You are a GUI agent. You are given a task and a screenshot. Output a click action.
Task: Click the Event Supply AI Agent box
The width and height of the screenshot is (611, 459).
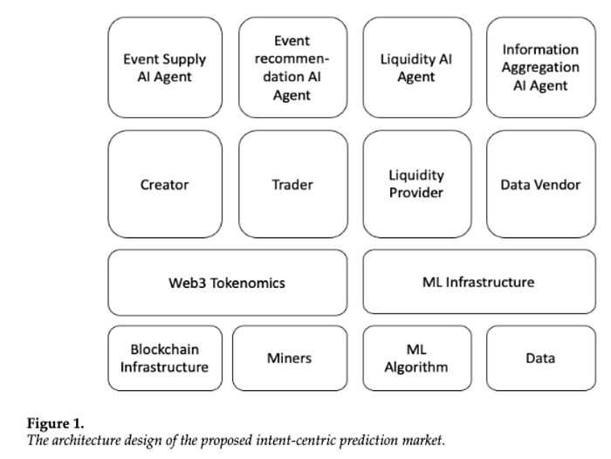click(165, 67)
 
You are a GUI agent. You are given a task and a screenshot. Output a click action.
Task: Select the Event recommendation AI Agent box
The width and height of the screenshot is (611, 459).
click(293, 67)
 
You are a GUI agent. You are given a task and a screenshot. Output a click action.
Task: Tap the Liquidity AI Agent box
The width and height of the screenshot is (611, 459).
click(417, 67)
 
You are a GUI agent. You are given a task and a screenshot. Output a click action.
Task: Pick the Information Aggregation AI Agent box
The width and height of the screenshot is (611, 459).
click(541, 67)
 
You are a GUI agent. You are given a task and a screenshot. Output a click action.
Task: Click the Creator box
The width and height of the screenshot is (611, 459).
click(165, 184)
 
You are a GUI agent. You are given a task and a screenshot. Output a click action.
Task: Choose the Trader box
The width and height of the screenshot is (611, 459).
click(293, 184)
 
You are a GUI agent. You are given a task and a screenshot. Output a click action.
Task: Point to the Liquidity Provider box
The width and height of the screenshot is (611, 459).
click(417, 184)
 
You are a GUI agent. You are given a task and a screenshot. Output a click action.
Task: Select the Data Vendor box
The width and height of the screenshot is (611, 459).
click(541, 184)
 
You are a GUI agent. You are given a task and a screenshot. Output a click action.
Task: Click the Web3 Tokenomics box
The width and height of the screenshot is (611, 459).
click(228, 283)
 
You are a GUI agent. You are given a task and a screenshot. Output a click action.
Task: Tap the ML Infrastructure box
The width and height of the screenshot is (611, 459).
click(479, 282)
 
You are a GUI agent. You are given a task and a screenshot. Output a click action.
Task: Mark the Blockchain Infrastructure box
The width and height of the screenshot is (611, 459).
click(165, 358)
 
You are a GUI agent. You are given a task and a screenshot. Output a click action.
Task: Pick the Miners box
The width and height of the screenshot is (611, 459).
click(290, 358)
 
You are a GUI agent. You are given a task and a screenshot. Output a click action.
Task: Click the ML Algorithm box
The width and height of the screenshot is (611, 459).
click(417, 358)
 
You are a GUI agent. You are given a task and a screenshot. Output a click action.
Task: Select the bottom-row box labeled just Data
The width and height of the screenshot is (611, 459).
click(541, 358)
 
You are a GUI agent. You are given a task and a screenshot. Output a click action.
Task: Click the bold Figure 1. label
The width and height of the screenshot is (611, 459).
click(55, 423)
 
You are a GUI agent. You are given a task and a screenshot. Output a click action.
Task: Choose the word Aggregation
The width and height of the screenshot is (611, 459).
click(540, 68)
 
